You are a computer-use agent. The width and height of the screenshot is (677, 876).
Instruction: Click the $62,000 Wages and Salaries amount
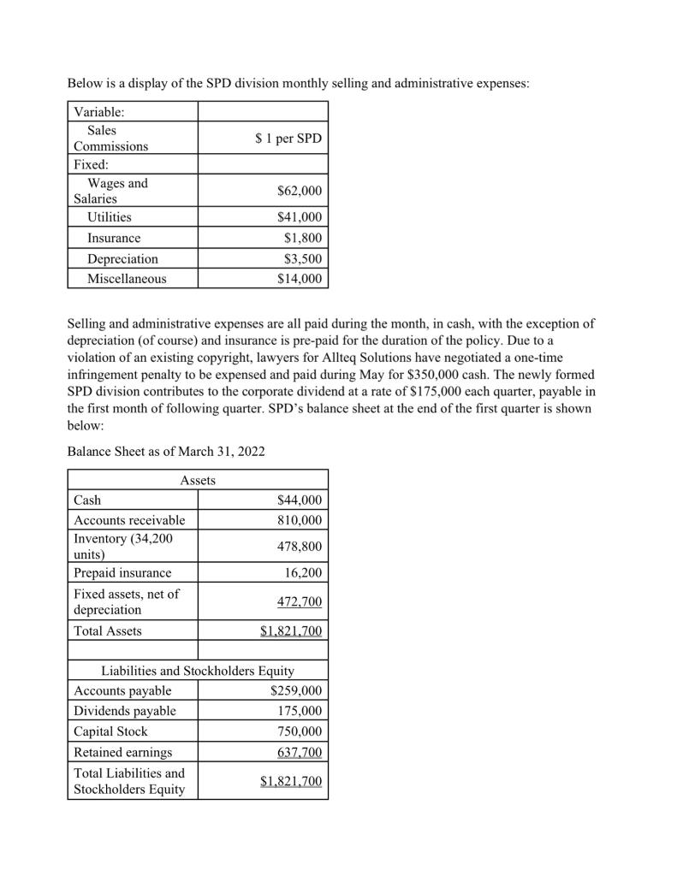pos(300,191)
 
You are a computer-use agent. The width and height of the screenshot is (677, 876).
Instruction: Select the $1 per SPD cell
pos(288,139)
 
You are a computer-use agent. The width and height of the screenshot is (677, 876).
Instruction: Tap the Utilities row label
pos(110,218)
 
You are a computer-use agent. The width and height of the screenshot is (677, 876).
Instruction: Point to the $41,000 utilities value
pos(300,218)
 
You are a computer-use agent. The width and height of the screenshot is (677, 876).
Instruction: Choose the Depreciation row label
pos(122,258)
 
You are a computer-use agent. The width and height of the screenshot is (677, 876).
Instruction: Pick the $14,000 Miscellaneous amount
pos(300,278)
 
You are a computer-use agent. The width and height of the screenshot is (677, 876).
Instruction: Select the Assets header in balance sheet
pos(198,481)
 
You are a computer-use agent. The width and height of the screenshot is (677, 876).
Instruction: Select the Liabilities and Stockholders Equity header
pos(198,671)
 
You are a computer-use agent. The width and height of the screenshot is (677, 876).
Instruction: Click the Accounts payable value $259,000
pos(296,690)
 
